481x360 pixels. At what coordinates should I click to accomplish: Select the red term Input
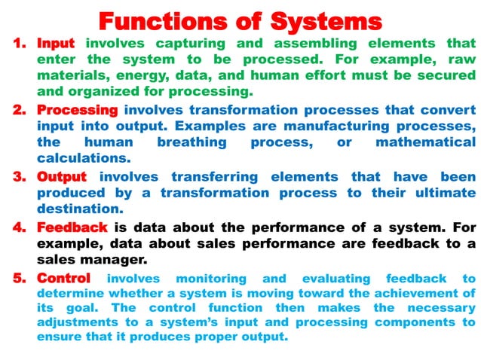tap(57, 44)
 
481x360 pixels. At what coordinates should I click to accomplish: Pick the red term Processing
tap(77, 110)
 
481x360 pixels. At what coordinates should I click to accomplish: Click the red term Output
tap(62, 176)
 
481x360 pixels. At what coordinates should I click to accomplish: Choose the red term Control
tap(63, 279)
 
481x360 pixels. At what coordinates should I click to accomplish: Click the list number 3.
tap(19, 176)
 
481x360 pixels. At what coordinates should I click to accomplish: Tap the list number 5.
tap(19, 279)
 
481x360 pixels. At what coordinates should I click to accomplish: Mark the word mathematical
tap(425, 142)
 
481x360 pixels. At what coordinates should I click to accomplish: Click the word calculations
tap(84, 158)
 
